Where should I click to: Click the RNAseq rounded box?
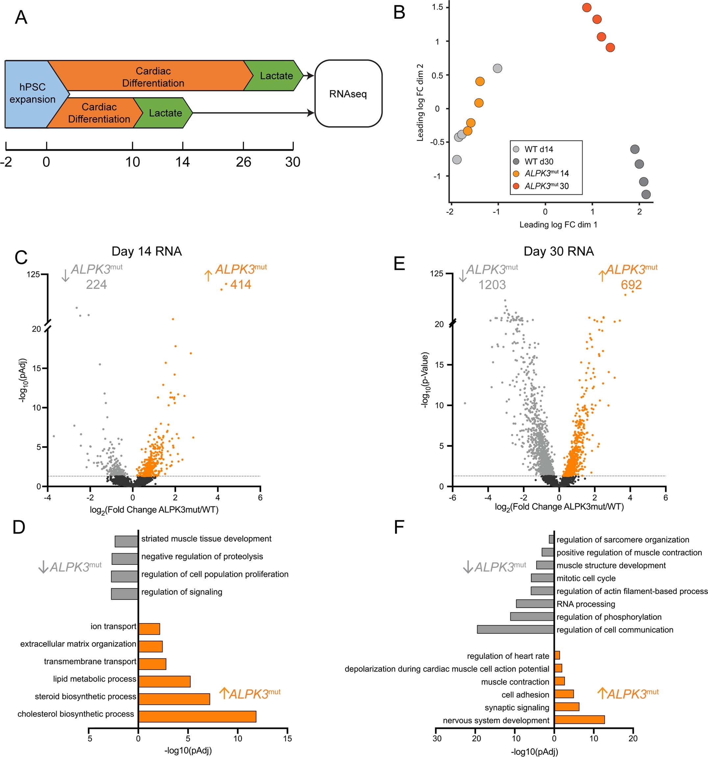tap(348, 94)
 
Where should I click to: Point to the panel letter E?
tap(399, 263)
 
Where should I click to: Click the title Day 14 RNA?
tap(147, 251)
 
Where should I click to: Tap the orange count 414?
tap(240, 284)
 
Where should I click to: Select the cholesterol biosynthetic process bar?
tap(197, 716)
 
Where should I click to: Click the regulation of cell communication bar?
tap(515, 629)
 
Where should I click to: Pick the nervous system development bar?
tap(579, 719)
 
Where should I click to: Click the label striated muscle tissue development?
tap(206, 539)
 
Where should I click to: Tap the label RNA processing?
tap(586, 604)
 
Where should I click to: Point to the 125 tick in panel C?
tap(33, 274)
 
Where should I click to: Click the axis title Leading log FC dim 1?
tap(558, 225)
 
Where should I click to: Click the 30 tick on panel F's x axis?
tap(437, 738)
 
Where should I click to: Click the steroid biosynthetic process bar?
tap(174, 699)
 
